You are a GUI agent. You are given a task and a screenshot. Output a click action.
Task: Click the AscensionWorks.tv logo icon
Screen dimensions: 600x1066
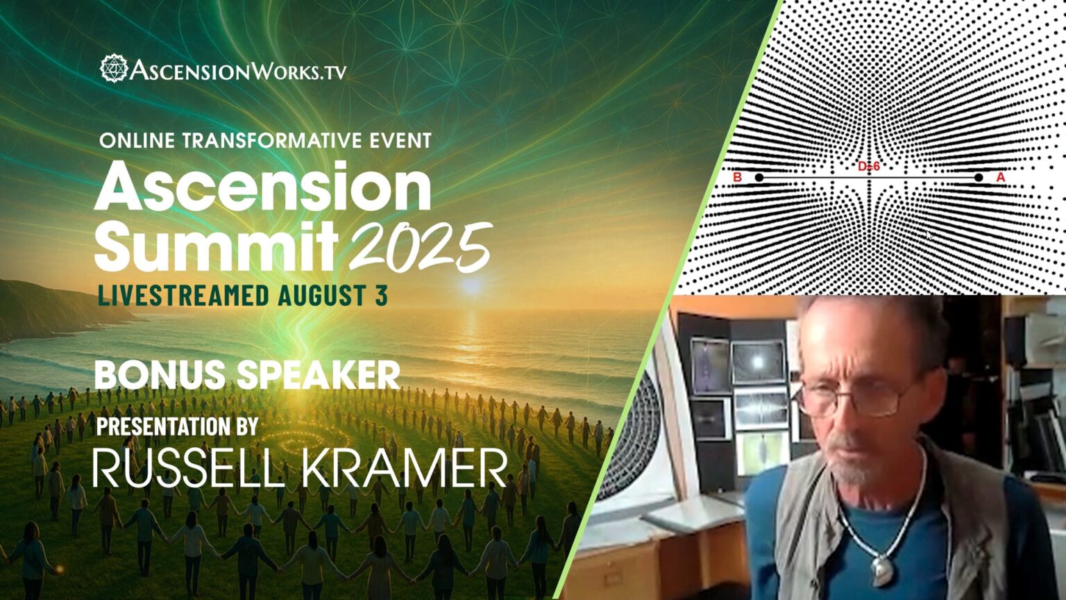click(x=114, y=69)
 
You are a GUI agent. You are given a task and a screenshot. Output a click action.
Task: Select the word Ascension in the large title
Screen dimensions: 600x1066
click(x=262, y=187)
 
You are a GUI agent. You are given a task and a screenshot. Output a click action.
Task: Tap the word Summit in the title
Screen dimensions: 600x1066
click(x=216, y=247)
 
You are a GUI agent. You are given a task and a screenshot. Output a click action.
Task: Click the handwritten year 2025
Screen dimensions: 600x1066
click(x=421, y=247)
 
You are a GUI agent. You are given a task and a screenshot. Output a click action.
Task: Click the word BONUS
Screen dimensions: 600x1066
click(x=160, y=375)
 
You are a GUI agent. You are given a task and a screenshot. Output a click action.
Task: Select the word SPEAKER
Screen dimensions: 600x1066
click(x=319, y=375)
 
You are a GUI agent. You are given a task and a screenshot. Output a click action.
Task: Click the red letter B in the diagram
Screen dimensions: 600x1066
click(x=738, y=178)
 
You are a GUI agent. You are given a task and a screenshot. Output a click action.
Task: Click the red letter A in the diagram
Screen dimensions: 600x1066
click(x=1001, y=178)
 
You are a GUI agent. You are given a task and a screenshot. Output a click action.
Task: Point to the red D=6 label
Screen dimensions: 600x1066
click(x=869, y=167)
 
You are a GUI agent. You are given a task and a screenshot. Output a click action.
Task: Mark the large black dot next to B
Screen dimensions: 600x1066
click(x=759, y=178)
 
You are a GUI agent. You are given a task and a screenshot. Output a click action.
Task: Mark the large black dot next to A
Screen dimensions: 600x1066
click(x=979, y=178)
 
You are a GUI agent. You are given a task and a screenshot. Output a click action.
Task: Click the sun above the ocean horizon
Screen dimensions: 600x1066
click(x=472, y=285)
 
